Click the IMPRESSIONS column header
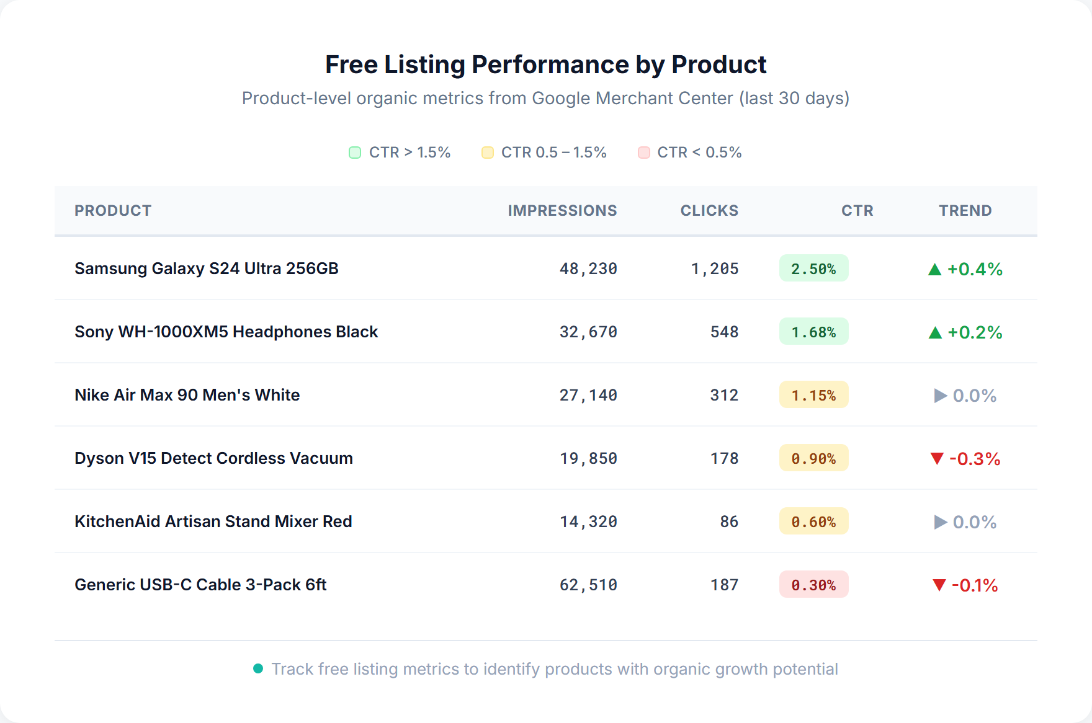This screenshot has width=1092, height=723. [x=562, y=211]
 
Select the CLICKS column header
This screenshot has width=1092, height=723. [x=709, y=211]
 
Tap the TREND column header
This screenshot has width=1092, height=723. [x=965, y=211]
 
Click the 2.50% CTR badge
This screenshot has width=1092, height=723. [x=813, y=268]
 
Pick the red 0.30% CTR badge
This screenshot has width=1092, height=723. [x=813, y=585]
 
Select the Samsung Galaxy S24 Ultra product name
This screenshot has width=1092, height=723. [x=207, y=268]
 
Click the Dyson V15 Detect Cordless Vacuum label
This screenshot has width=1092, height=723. [x=213, y=458]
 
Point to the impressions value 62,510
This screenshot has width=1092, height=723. [x=588, y=585]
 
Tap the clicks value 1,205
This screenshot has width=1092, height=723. [x=715, y=268]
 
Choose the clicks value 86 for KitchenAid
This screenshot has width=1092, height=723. [x=729, y=521]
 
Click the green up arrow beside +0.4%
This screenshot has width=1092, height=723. [x=935, y=270]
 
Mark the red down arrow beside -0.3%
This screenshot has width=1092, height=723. [x=937, y=459]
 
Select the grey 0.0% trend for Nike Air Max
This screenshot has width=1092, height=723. [x=965, y=396]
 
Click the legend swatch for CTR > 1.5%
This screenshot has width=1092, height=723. [x=355, y=153]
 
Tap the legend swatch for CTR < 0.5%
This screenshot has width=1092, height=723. [x=644, y=153]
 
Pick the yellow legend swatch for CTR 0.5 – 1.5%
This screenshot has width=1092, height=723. [x=488, y=153]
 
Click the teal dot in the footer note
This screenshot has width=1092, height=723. [x=258, y=668]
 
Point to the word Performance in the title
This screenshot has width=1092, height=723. [x=550, y=64]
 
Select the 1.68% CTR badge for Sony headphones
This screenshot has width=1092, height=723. [x=813, y=332]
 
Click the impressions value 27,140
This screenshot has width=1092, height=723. [x=588, y=395]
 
